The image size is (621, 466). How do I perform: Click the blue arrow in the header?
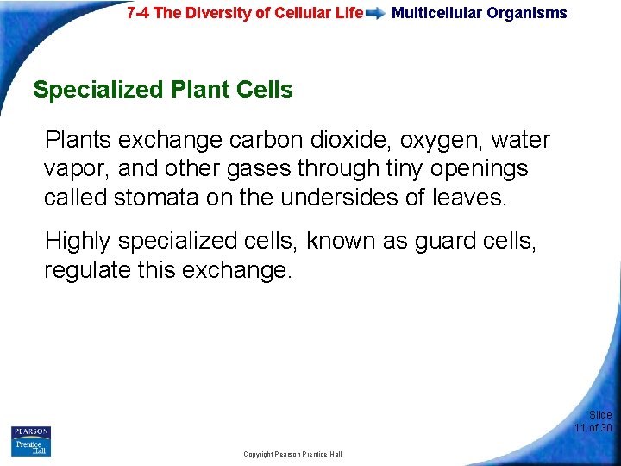click(x=376, y=14)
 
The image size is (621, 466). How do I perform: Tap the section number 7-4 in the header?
click(x=141, y=13)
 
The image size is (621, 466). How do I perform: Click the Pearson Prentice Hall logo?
click(x=30, y=441)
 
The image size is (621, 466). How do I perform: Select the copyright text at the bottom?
click(x=292, y=454)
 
